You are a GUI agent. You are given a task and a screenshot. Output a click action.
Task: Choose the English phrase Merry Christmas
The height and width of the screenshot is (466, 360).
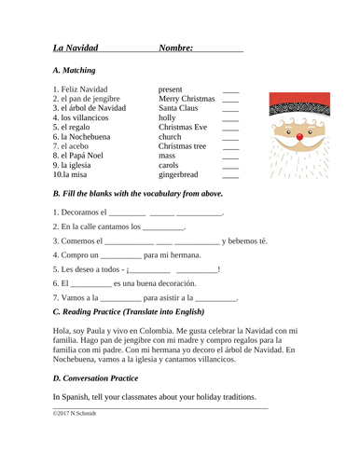pos(187,98)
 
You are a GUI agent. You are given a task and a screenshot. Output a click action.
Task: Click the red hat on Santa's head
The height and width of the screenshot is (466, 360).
pos(298,106)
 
